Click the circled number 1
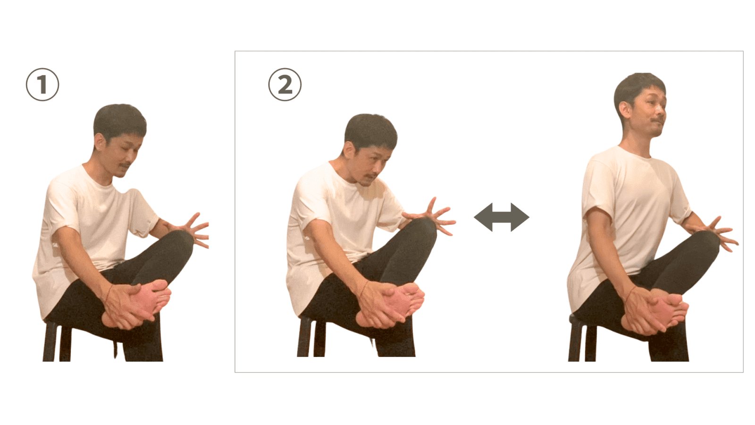click(x=42, y=85)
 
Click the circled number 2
click(x=285, y=85)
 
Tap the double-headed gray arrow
click(x=502, y=217)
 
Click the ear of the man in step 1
click(x=99, y=142)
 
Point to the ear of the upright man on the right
click(x=624, y=110)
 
